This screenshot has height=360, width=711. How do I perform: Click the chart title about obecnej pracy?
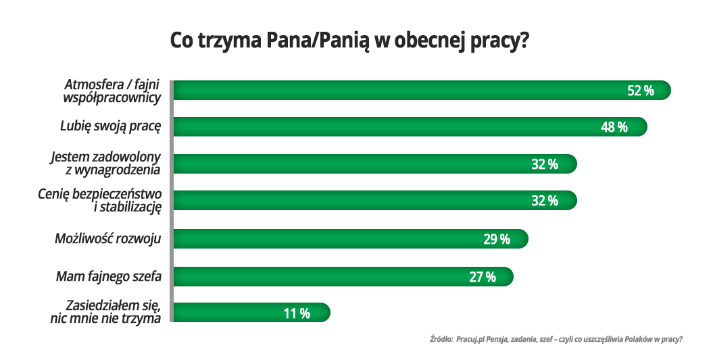[349, 41]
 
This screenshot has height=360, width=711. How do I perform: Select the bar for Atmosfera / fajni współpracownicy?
[406, 91]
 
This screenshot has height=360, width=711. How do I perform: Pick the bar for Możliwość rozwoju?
[338, 239]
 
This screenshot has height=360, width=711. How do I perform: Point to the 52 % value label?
[641, 91]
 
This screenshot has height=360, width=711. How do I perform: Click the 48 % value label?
[614, 127]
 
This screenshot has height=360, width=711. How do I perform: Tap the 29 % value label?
[497, 239]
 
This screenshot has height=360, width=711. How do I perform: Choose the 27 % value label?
[482, 276]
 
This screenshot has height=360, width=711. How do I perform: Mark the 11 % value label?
[297, 313]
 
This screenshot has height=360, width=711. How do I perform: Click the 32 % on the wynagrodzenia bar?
[544, 164]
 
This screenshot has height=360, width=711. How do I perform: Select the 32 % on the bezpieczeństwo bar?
[544, 201]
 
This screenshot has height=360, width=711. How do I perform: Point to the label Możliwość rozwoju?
[107, 238]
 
